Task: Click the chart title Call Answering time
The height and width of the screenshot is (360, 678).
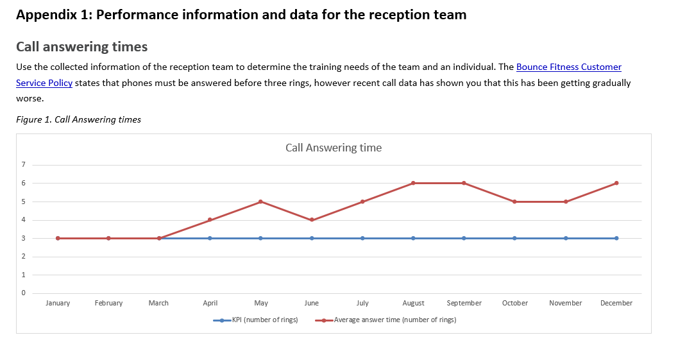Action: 333,148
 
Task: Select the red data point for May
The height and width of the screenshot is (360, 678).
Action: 260,201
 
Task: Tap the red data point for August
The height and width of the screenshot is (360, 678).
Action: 413,183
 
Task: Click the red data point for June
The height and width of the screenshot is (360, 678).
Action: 312,220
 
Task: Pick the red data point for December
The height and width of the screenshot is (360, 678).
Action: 616,183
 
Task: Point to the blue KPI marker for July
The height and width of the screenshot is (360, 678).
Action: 362,238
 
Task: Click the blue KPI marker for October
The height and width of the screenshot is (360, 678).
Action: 514,238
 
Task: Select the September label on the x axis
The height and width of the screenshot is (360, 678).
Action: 464,303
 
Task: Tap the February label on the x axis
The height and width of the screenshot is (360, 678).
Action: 108,303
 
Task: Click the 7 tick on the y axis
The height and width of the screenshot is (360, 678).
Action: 23,165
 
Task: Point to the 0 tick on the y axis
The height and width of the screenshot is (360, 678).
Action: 23,293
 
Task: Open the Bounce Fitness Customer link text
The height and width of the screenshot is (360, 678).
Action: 568,67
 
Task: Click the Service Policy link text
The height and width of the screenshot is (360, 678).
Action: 44,83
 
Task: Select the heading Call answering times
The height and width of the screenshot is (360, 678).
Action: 81,47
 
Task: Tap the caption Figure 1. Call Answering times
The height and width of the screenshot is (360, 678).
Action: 78,119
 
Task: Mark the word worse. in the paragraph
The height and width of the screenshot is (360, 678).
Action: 30,99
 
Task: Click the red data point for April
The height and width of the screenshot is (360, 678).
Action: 210,220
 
